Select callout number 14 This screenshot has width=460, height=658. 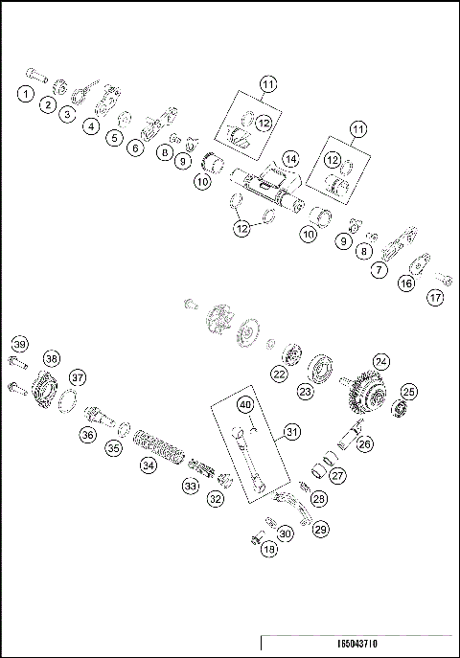coord(290,158)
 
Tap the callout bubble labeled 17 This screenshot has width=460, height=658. coord(436,298)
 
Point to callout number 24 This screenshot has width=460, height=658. coord(381,361)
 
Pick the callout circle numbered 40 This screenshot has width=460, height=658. coord(246,405)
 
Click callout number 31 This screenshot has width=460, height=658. coord(291,433)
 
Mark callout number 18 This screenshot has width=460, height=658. coord(269,549)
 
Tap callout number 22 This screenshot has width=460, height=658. coord(279,374)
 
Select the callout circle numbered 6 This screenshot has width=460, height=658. coord(136,147)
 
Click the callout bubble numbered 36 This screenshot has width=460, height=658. coord(87,434)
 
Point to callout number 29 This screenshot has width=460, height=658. coord(320,528)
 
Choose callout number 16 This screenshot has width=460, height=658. coord(406,283)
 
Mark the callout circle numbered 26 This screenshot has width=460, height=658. coord(365,444)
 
